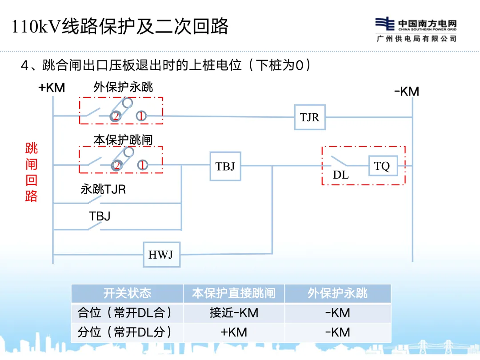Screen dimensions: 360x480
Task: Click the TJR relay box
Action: click(310, 117)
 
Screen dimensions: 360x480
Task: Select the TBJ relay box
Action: click(225, 166)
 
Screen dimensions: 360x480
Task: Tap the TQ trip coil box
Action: click(382, 166)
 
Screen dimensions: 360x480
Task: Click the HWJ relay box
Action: click(161, 255)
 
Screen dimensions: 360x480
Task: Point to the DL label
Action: click(341, 175)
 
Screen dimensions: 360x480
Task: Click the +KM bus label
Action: click(52, 88)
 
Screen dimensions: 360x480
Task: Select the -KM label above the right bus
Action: click(407, 92)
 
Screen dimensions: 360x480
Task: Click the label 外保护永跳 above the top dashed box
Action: click(123, 87)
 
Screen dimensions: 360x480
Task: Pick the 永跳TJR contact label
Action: click(103, 190)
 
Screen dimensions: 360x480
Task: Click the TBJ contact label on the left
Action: click(100, 216)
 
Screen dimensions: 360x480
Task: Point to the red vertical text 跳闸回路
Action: click(32, 172)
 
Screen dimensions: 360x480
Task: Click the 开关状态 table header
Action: click(127, 293)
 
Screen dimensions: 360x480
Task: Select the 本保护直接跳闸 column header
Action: click(234, 293)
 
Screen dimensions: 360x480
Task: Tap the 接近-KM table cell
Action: click(234, 313)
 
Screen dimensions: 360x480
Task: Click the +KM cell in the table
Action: click(234, 332)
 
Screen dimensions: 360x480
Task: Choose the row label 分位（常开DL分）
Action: click(125, 332)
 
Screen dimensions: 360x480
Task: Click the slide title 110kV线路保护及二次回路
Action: click(120, 26)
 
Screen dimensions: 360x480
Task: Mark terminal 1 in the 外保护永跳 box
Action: click(141, 116)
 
